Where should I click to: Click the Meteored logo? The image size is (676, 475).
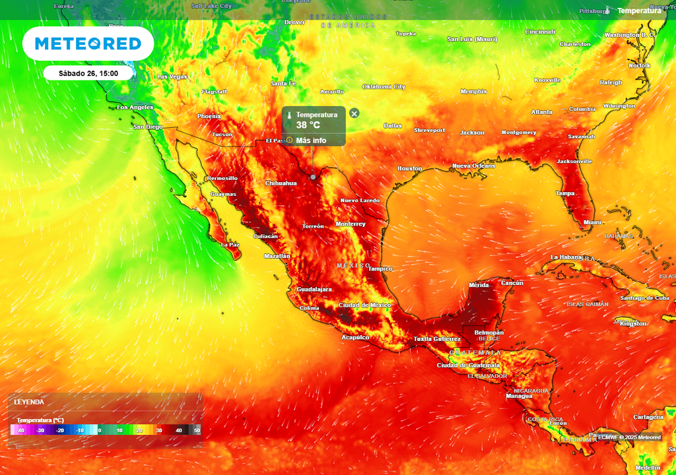coord(88,44)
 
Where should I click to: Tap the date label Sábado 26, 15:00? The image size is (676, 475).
coord(88,73)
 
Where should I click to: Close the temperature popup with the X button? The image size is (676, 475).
coord(354,113)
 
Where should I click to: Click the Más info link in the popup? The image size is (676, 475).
coord(311,140)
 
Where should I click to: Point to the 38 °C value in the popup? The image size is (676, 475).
coord(308,125)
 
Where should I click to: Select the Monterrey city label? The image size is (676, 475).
coord(351,224)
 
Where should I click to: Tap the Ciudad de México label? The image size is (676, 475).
coord(364,305)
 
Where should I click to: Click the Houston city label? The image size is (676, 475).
coord(409,169)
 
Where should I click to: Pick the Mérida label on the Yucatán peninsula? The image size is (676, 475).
coord(479,285)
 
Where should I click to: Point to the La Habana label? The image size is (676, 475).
coord(566,257)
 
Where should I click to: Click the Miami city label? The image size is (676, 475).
coord(592,222)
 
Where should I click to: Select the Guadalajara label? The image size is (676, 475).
coord(314,290)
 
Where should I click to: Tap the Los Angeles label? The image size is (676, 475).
coord(135,107)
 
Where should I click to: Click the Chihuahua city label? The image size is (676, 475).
coord(281,183)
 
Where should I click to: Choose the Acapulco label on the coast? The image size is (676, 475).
coord(355,337)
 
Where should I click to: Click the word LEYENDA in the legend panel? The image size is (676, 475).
coord(29,402)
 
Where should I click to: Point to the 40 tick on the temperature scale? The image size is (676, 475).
coord(178,430)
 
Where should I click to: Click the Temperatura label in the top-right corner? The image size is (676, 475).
coord(639,11)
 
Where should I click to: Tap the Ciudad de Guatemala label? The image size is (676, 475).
coord(469,365)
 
